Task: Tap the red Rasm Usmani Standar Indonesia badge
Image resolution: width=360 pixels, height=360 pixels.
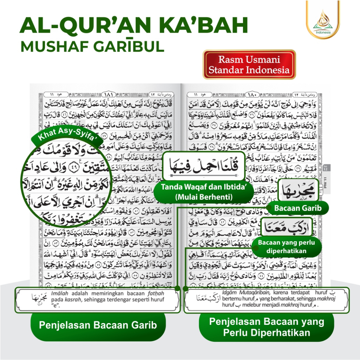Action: click(249, 65)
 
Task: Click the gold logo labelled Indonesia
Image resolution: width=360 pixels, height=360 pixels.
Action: click(323, 21)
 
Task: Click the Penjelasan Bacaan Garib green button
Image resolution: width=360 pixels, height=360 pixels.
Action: click(98, 325)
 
